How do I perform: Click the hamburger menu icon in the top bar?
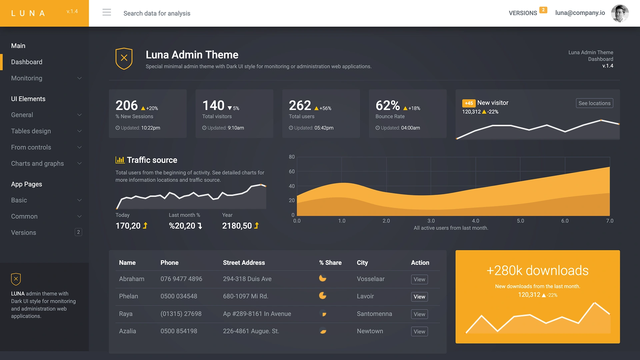pyautogui.click(x=107, y=13)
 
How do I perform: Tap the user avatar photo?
pyautogui.click(x=620, y=13)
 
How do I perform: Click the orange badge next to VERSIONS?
pyautogui.click(x=543, y=10)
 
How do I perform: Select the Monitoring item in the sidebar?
pyautogui.click(x=27, y=78)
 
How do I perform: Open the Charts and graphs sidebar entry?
pyautogui.click(x=37, y=164)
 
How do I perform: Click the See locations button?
pyautogui.click(x=594, y=103)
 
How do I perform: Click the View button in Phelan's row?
pyautogui.click(x=419, y=297)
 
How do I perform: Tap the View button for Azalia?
pyautogui.click(x=419, y=332)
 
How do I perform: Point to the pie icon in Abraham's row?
pyautogui.click(x=322, y=278)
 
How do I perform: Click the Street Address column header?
pyautogui.click(x=244, y=263)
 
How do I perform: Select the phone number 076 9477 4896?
pyautogui.click(x=181, y=279)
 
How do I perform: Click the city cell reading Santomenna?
pyautogui.click(x=374, y=314)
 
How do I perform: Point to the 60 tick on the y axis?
pyautogui.click(x=292, y=172)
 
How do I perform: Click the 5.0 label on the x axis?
pyautogui.click(x=520, y=221)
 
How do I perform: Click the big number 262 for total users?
pyautogui.click(x=300, y=106)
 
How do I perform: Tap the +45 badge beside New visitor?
pyautogui.click(x=469, y=103)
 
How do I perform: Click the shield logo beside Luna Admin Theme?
pyautogui.click(x=124, y=58)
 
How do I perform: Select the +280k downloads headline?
pyautogui.click(x=537, y=270)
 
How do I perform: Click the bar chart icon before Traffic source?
pyautogui.click(x=120, y=160)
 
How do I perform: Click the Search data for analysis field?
pyautogui.click(x=157, y=13)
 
